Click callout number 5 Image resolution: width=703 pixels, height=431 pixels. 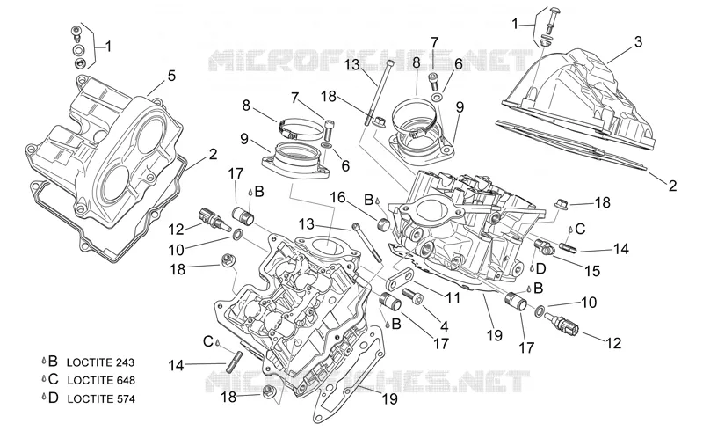point(171,76)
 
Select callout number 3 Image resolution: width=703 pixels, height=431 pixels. point(638,41)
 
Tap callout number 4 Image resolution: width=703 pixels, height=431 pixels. point(445,326)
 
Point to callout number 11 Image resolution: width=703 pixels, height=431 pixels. point(453,297)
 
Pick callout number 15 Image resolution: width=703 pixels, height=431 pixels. point(592,271)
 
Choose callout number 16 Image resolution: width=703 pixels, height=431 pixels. point(338,198)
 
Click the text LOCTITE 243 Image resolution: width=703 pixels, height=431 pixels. point(100,362)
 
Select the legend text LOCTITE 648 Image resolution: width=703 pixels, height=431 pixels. point(101,380)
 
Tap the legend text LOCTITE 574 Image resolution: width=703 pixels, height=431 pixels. point(101,398)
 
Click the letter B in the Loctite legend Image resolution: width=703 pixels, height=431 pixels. point(53,361)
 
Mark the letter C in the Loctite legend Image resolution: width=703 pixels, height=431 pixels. point(54,379)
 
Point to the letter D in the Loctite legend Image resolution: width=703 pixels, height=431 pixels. point(54,398)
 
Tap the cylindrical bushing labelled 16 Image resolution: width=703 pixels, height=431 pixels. point(385,224)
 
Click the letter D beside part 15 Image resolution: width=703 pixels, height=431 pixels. point(540,269)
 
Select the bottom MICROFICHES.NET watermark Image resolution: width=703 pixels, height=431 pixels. point(367,381)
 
